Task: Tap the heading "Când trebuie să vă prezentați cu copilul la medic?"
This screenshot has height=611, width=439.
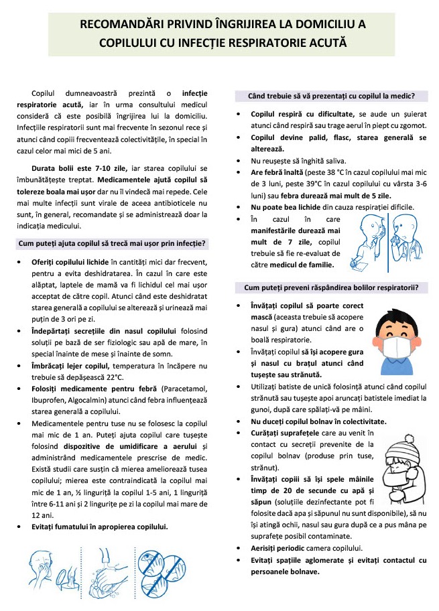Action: (330, 95)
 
